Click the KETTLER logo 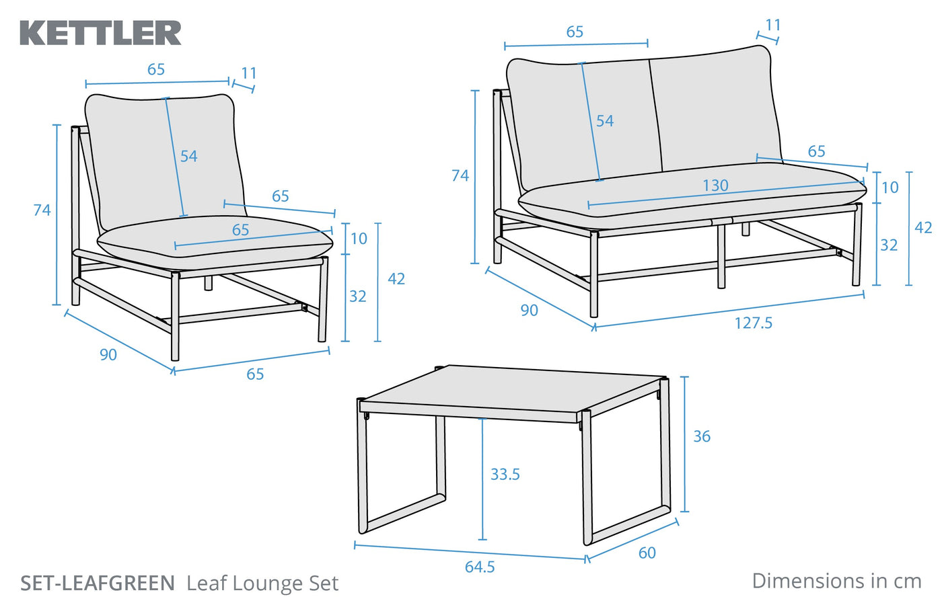pos(101,33)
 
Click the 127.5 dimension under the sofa pos(753,323)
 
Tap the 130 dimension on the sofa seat pos(715,186)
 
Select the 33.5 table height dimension pos(505,475)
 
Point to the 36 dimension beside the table pos(702,437)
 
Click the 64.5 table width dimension pos(480,567)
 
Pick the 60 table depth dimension pos(647,553)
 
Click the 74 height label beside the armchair pos(42,210)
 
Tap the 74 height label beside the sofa pos(460,176)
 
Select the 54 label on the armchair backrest pos(188,157)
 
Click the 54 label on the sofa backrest pos(604,121)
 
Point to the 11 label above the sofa pos(773,25)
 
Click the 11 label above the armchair pos(249,73)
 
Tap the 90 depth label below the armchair pos(108,355)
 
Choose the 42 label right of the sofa pos(923,228)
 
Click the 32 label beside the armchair pos(357,296)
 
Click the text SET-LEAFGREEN pos(98,583)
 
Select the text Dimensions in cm pos(836,581)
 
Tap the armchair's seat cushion pos(215,242)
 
